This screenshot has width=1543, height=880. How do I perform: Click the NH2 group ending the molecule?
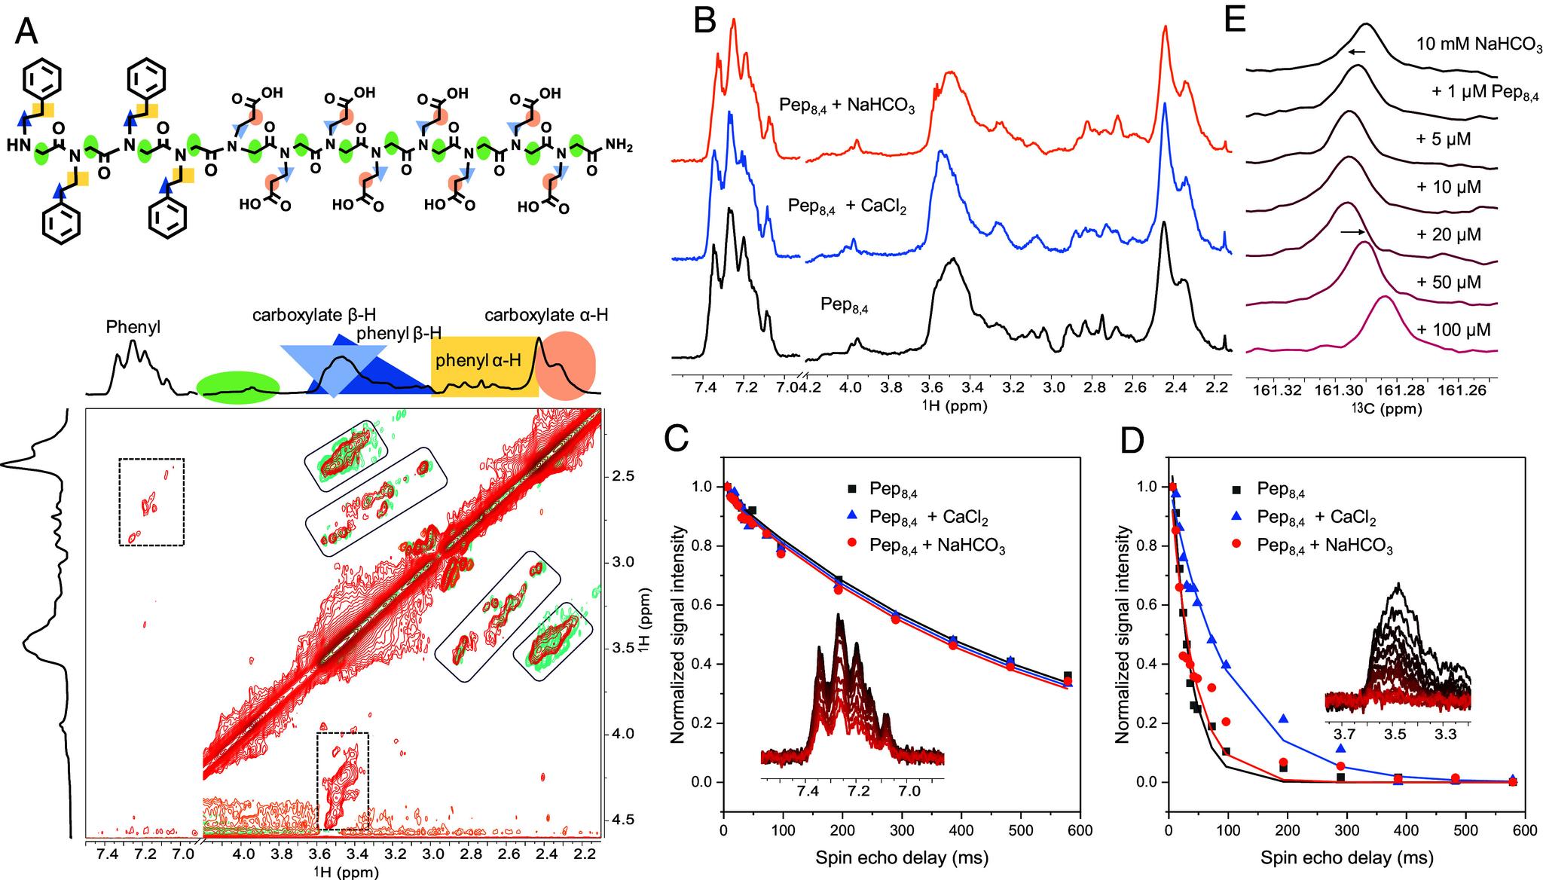[x=619, y=148]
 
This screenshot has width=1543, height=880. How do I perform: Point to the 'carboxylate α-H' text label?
[x=545, y=314]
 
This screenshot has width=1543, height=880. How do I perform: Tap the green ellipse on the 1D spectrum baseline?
[x=238, y=388]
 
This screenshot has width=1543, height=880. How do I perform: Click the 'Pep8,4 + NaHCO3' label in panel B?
[x=847, y=105]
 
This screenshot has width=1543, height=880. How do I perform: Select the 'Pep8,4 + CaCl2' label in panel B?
[x=847, y=204]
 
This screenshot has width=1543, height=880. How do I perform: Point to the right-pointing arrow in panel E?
[x=1353, y=233]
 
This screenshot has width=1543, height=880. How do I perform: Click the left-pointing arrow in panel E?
[x=1356, y=52]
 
